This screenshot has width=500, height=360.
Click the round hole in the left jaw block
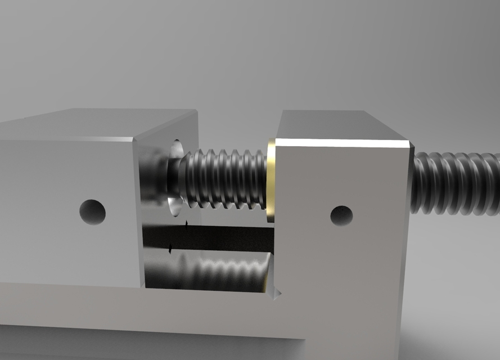(92, 211)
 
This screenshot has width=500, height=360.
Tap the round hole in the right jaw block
(341, 215)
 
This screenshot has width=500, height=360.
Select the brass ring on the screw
(271, 180)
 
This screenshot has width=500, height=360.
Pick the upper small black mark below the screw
(187, 224)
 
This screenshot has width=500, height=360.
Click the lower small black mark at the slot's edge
(170, 248)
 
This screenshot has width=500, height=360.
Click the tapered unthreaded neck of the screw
(182, 177)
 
